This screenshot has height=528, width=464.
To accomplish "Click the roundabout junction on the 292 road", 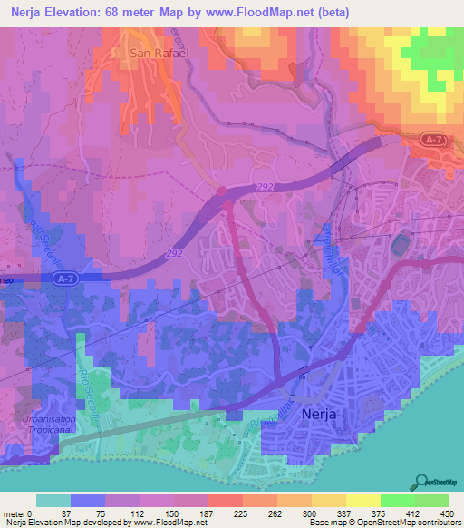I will pos(223,191).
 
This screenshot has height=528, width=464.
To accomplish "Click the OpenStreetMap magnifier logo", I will pos(421,483).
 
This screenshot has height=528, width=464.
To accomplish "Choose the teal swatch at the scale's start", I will pos(53,500).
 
